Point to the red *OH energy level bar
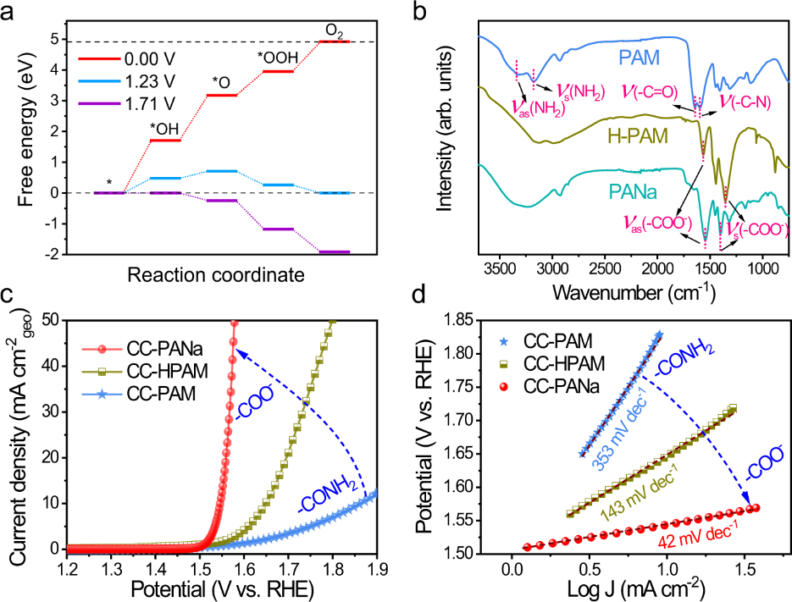click(165, 140)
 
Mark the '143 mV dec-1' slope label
click(645, 499)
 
